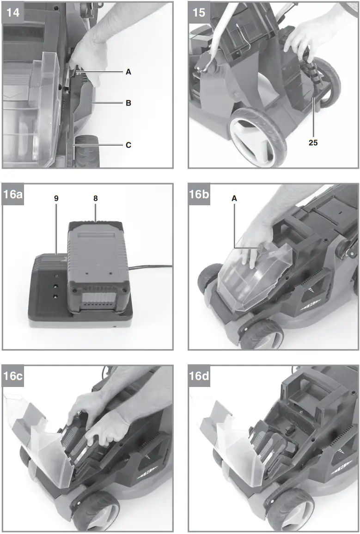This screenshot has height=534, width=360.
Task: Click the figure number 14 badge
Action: (12, 12)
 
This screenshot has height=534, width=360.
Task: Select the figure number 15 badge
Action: (199, 12)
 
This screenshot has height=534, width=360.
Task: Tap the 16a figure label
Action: (14, 194)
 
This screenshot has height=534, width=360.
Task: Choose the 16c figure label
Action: (14, 376)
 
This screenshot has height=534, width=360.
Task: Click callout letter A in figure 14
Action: (128, 72)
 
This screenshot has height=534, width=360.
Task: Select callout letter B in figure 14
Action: (128, 103)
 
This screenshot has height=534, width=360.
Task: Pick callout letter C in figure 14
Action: (128, 145)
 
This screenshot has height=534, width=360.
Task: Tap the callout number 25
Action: (313, 142)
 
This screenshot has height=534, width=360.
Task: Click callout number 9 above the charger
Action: (56, 198)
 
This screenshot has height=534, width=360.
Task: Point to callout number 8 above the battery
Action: (96, 198)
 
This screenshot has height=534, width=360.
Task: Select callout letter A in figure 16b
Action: (234, 198)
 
